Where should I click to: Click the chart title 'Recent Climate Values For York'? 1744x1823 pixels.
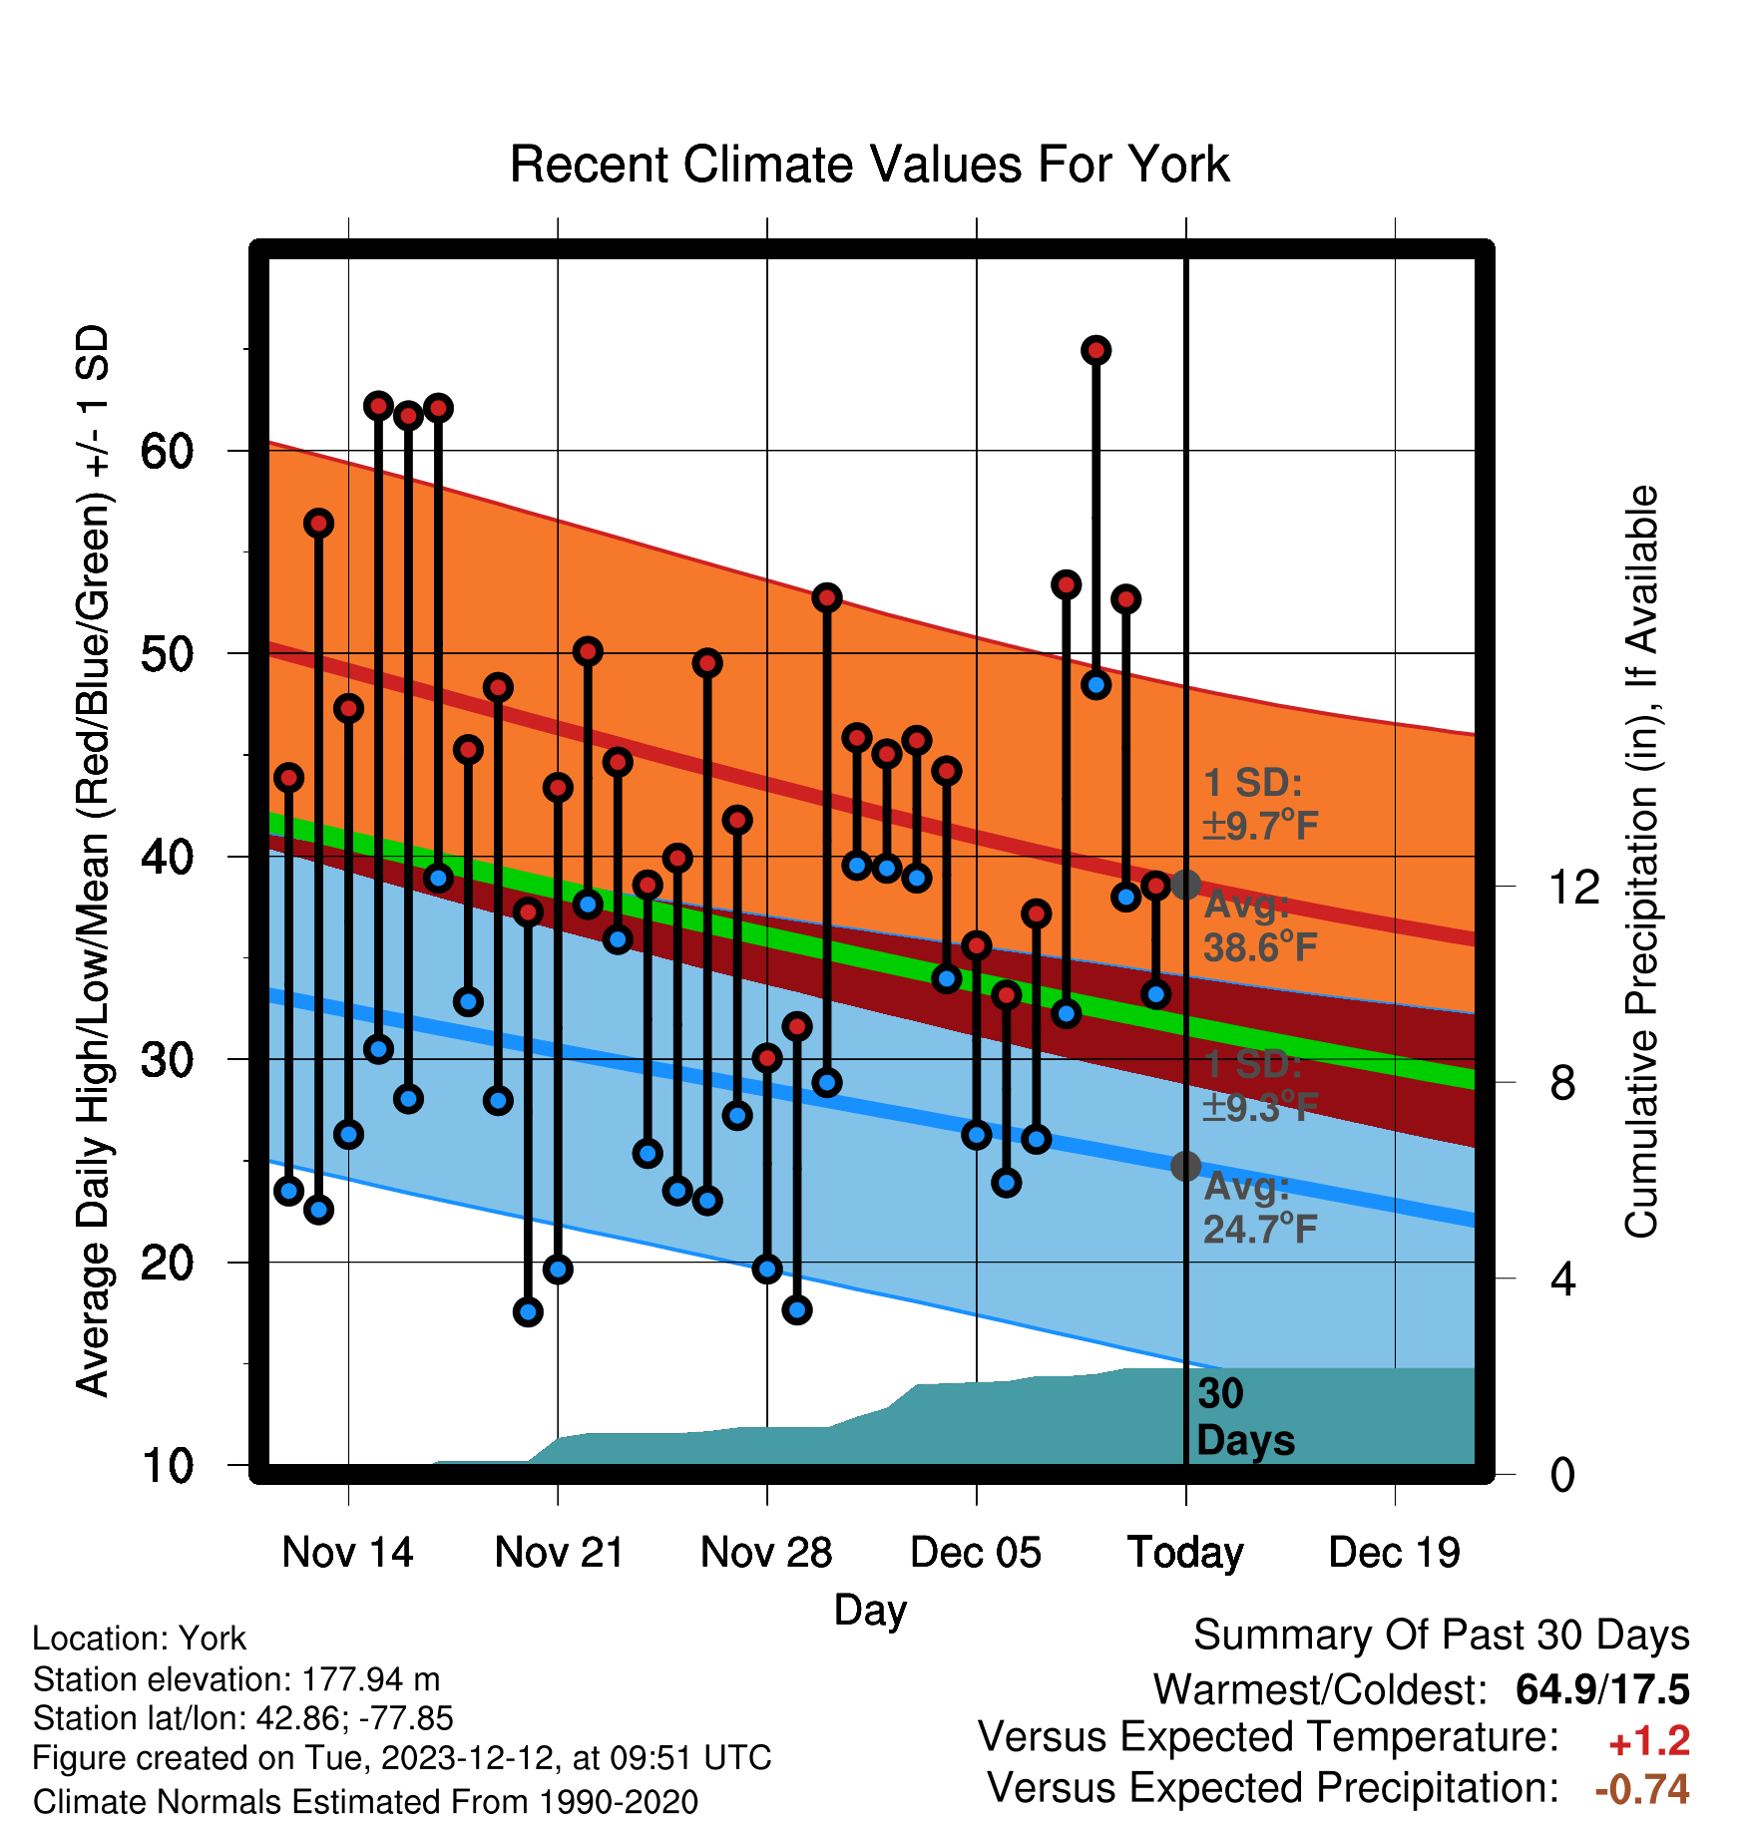click(x=869, y=165)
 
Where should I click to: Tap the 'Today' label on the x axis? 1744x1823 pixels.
click(x=1185, y=1553)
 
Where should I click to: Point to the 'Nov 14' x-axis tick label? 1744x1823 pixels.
click(x=347, y=1553)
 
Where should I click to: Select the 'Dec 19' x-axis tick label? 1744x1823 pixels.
click(x=1394, y=1553)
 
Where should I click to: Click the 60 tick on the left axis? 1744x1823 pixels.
click(x=167, y=451)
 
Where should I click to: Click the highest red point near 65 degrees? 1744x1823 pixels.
click(x=1096, y=350)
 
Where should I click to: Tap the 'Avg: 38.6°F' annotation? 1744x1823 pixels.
click(x=1260, y=926)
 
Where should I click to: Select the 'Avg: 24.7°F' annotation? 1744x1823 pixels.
click(x=1260, y=1208)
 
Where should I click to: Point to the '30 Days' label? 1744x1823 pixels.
click(x=1245, y=1417)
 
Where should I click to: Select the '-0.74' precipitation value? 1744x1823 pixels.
click(x=1642, y=1789)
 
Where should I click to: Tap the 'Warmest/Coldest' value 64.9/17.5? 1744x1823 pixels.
click(x=1602, y=1689)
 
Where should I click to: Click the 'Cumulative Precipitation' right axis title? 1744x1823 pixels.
click(x=1641, y=862)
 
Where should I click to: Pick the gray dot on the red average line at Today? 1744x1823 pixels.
click(x=1185, y=885)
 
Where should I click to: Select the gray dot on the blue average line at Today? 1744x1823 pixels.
click(x=1185, y=1166)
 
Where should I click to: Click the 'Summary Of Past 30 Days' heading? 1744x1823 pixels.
click(x=1442, y=1636)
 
